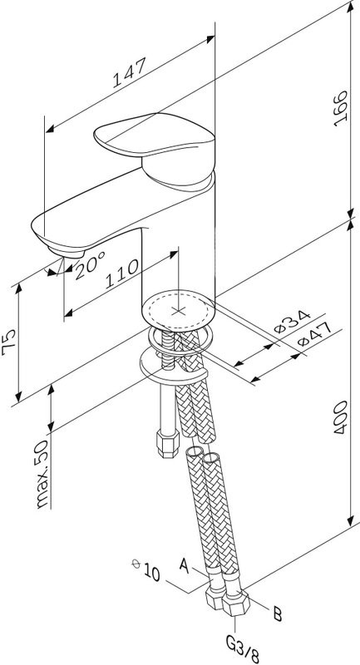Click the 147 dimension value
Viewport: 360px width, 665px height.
tap(130, 72)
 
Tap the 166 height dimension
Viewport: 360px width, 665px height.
tap(340, 109)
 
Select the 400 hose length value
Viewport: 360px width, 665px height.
tap(340, 417)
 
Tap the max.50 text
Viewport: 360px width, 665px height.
tap(42, 473)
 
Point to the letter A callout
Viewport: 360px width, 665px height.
tap(184, 565)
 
